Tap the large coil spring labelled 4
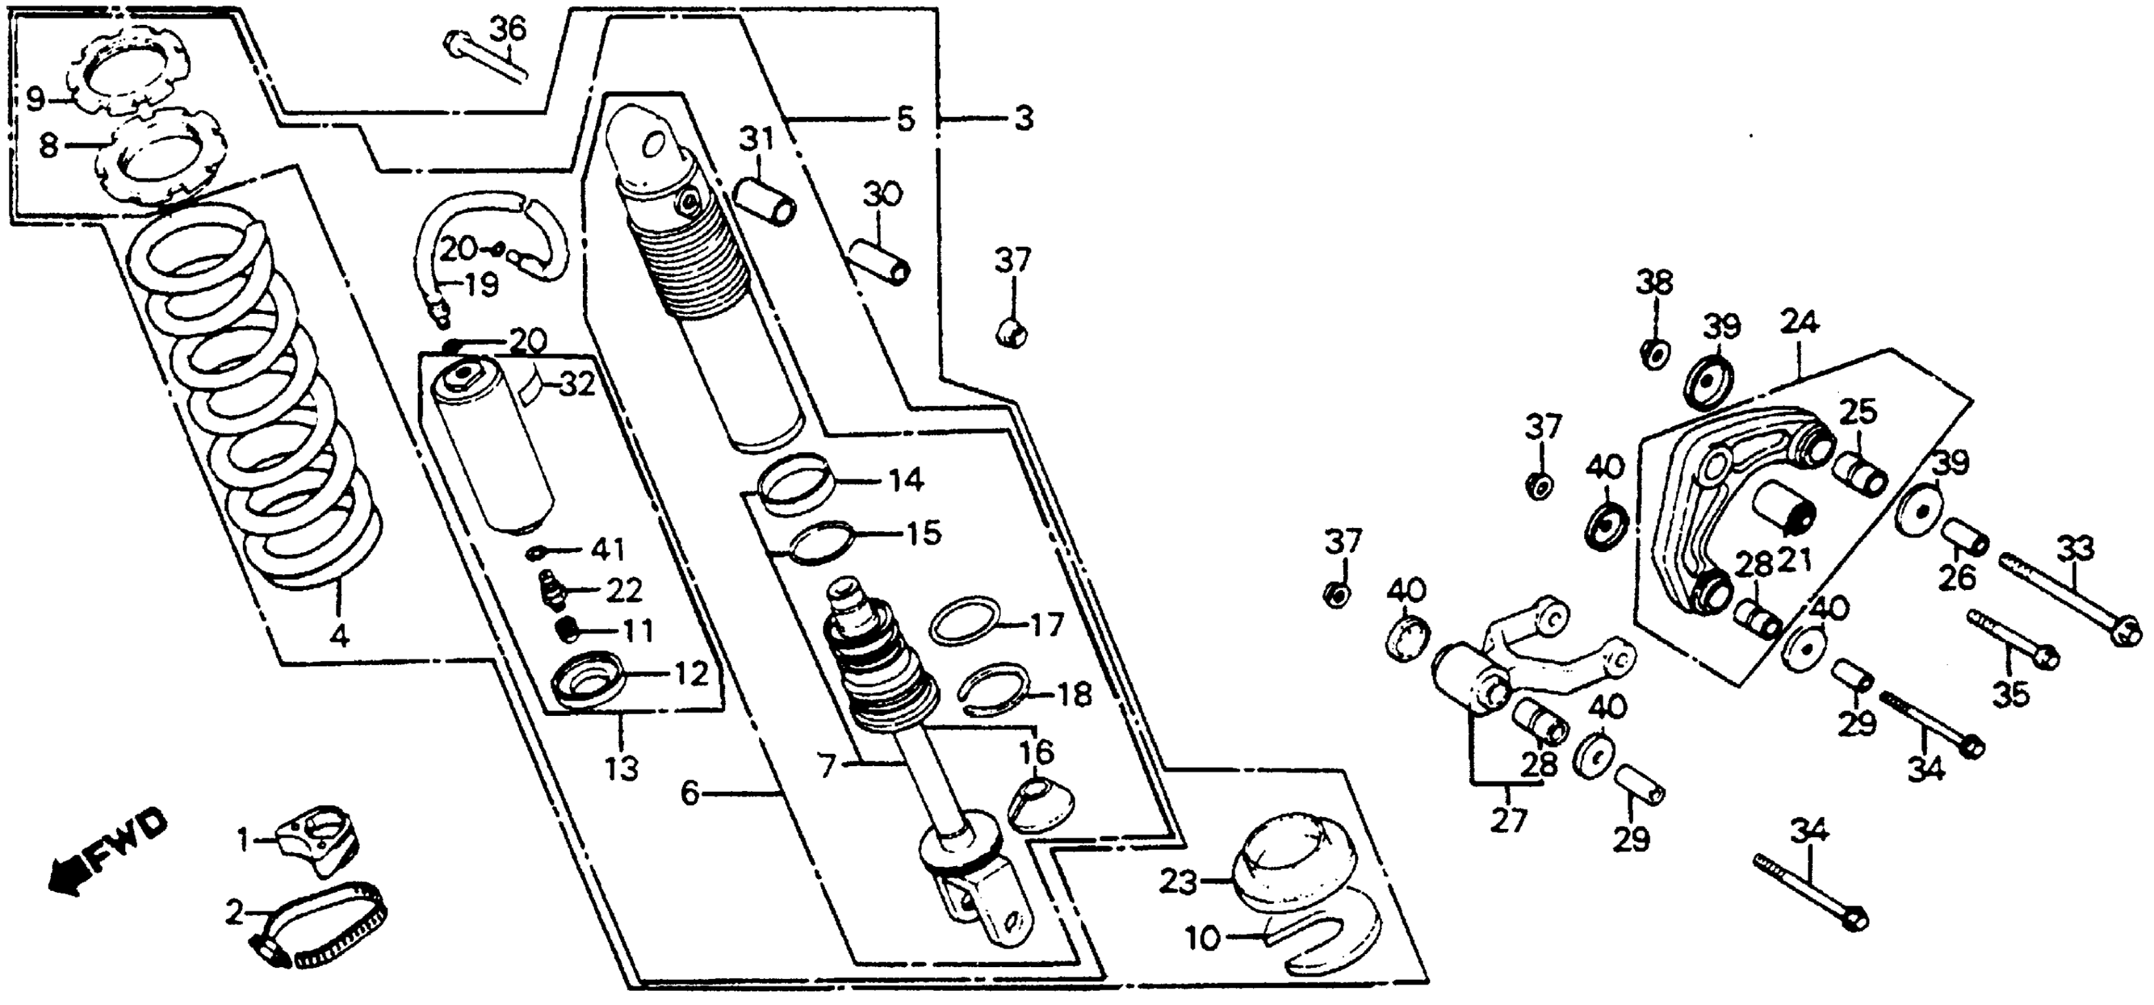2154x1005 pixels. click(x=251, y=401)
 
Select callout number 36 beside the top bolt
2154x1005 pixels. click(x=508, y=30)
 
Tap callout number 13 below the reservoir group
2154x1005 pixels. click(x=622, y=767)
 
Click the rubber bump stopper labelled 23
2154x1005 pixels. click(x=1283, y=870)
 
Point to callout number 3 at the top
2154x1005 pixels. click(x=1024, y=119)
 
